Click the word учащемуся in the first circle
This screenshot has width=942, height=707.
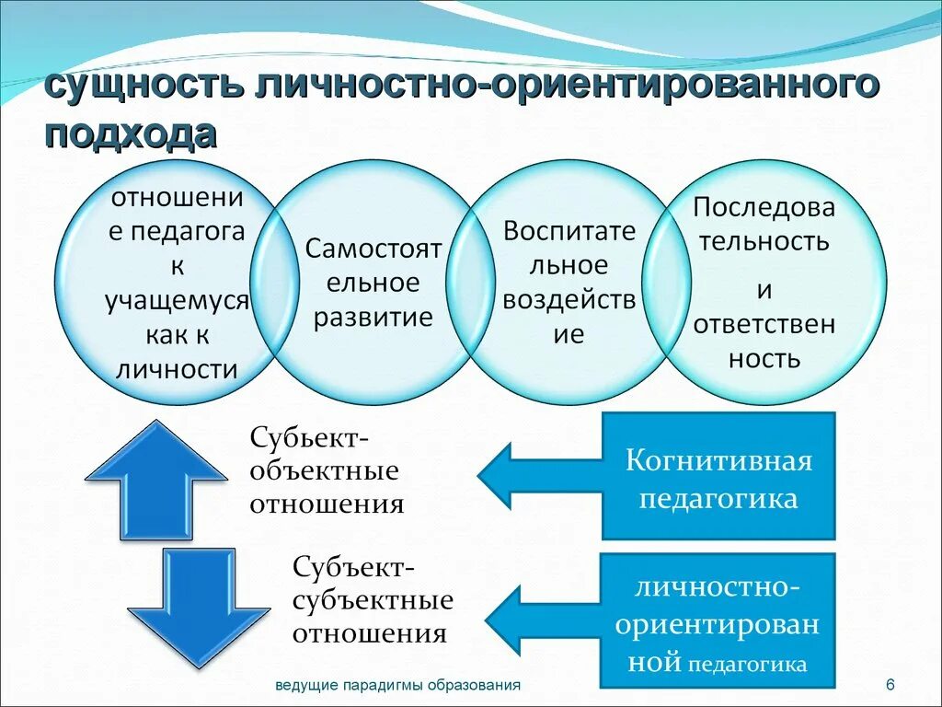coord(178,300)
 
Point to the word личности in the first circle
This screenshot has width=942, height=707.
coord(178,370)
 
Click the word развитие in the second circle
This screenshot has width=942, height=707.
coord(373,318)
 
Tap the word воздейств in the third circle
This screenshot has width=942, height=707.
coord(569,300)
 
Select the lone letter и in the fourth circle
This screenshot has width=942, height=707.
coord(764,290)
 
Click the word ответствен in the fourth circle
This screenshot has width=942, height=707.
coord(764,324)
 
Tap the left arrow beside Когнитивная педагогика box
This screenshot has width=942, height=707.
coord(538,475)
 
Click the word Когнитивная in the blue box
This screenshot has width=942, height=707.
coord(719,460)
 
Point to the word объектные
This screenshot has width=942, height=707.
coord(325,470)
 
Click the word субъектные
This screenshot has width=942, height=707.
coord(373,600)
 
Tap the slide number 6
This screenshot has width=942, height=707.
coord(890,685)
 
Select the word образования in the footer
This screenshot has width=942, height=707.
coord(475,685)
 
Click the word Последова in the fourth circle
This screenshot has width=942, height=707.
coord(764,207)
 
